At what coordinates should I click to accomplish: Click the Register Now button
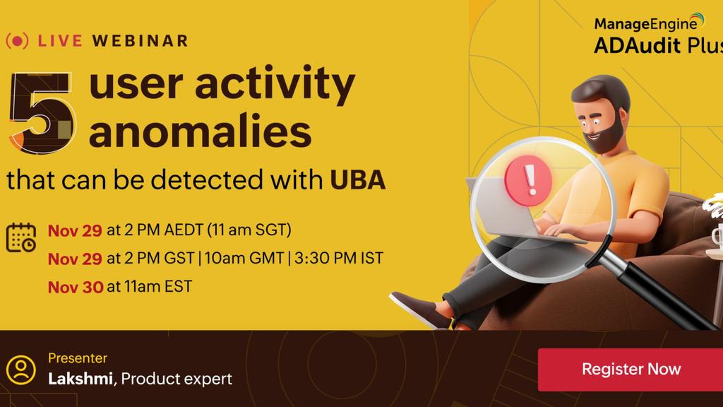click(631, 370)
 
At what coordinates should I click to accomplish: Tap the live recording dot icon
click(18, 41)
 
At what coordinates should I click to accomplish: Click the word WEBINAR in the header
click(141, 41)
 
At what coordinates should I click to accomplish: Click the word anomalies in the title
click(200, 131)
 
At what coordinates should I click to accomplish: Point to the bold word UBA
click(357, 180)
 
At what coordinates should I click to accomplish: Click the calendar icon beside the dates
click(21, 237)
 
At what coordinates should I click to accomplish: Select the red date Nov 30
click(75, 287)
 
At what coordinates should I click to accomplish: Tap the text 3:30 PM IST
click(339, 259)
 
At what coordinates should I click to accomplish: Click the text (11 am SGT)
click(249, 230)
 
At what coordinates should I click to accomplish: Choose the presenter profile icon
click(20, 370)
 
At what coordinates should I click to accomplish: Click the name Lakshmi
click(80, 379)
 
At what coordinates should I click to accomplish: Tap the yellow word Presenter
click(78, 358)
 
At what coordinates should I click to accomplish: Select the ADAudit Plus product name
click(659, 46)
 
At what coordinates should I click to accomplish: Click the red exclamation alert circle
click(528, 180)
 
